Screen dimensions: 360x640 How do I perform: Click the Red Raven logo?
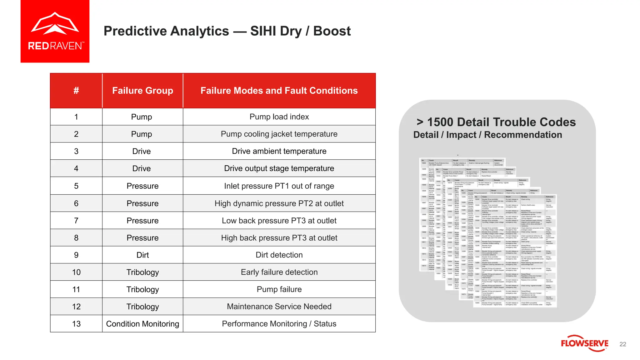pyautogui.click(x=55, y=31)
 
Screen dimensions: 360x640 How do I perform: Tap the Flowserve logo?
pyautogui.click(x=584, y=343)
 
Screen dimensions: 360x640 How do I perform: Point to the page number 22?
pyautogui.click(x=622, y=344)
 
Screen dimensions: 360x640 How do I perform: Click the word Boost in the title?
pyautogui.click(x=332, y=31)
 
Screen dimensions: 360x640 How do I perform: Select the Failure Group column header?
pyautogui.click(x=142, y=91)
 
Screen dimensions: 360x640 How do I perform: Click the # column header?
pyautogui.click(x=76, y=91)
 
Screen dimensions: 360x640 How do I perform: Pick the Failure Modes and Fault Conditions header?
pyautogui.click(x=279, y=91)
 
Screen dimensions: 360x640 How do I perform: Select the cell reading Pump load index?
pyautogui.click(x=279, y=117)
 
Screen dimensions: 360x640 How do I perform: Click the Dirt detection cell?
pyautogui.click(x=279, y=255)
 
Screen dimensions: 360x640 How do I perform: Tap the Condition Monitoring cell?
pyautogui.click(x=142, y=324)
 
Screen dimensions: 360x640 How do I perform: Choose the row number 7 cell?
pyautogui.click(x=76, y=221)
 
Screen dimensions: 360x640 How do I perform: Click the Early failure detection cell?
pyautogui.click(x=279, y=272)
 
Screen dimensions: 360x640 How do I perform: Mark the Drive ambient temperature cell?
pyautogui.click(x=279, y=151)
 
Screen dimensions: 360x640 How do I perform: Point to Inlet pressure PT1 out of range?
pyautogui.click(x=279, y=186)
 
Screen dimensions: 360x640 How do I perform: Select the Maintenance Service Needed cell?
pyautogui.click(x=279, y=307)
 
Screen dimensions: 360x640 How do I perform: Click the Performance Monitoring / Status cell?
pyautogui.click(x=279, y=324)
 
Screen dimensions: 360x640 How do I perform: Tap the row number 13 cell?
pyautogui.click(x=76, y=324)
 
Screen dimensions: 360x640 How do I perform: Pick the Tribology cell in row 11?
pyautogui.click(x=142, y=289)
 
